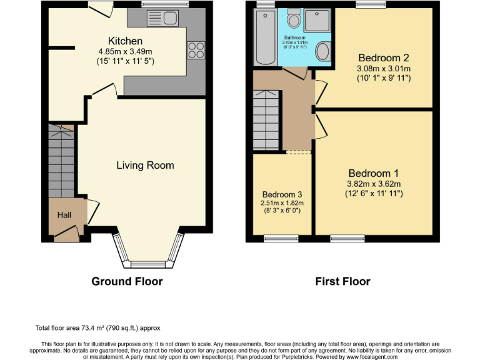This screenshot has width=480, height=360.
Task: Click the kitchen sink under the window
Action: pyautogui.click(x=162, y=18)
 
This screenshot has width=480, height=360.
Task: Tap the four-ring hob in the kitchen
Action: pyautogui.click(x=195, y=49)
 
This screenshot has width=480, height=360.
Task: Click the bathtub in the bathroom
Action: pyautogui.click(x=264, y=39)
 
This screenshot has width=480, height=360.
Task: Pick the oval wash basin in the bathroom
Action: pyautogui.click(x=323, y=51)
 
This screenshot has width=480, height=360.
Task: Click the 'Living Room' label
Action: pyautogui.click(x=145, y=166)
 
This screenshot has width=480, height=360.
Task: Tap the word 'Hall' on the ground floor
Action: pyautogui.click(x=64, y=215)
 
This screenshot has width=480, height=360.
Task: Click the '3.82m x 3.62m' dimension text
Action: pyautogui.click(x=374, y=184)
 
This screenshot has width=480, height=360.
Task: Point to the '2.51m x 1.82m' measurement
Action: pyautogui.click(x=282, y=203)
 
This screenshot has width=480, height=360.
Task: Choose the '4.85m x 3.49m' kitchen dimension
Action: pyautogui.click(x=125, y=52)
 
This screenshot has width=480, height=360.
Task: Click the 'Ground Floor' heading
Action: pyautogui.click(x=127, y=281)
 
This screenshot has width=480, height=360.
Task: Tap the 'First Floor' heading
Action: pyautogui.click(x=342, y=281)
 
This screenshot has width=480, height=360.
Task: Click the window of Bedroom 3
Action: pyautogui.click(x=281, y=237)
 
